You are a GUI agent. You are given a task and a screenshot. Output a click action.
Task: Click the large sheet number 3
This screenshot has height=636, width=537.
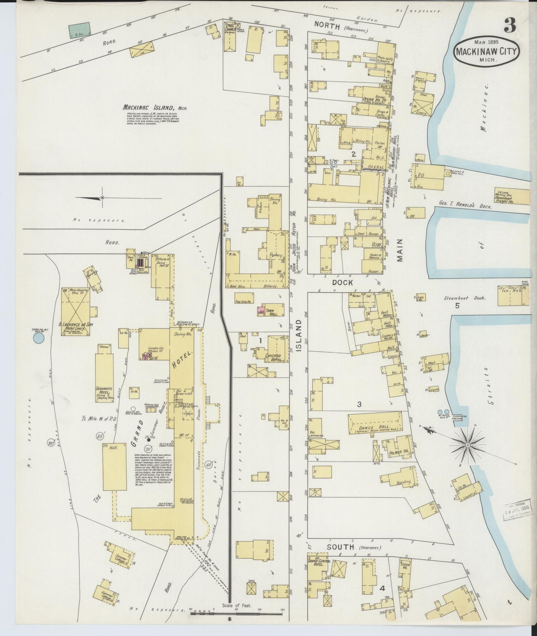[x=510, y=25]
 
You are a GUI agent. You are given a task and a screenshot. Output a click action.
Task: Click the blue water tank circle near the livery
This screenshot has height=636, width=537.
[x=38, y=338]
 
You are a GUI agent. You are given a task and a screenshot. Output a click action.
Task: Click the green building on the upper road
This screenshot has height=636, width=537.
[x=80, y=29]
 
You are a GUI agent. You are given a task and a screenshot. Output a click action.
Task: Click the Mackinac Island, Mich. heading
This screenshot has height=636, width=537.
[x=155, y=107]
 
